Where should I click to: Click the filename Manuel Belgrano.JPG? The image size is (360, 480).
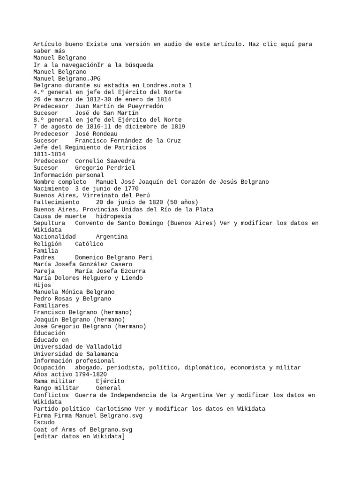pyautogui.click(x=63, y=79)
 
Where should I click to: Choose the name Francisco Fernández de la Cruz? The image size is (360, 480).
pyautogui.click(x=128, y=140)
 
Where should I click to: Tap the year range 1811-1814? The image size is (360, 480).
pyautogui.click(x=49, y=154)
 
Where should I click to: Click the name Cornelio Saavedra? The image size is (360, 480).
pyautogui.click(x=105, y=161)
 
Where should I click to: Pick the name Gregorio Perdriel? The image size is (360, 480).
pyautogui.click(x=105, y=167)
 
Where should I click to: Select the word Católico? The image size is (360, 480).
pyautogui.click(x=90, y=244)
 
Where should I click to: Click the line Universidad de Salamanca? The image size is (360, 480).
pyautogui.click(x=75, y=353)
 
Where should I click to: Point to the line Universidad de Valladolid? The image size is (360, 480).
pyautogui.click(x=77, y=346)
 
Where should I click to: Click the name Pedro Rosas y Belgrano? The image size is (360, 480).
pyautogui.click(x=72, y=299)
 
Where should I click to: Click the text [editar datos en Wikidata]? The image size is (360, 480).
pyautogui.click(x=79, y=436)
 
